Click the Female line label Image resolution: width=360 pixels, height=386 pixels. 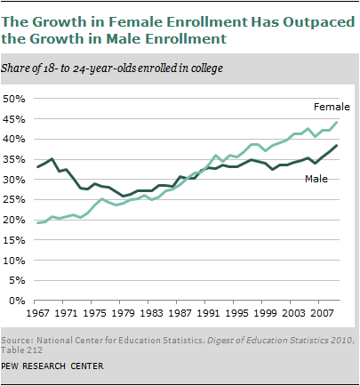click(x=332, y=107)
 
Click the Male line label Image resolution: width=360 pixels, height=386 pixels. click(x=316, y=179)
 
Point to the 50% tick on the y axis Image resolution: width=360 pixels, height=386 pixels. click(x=14, y=99)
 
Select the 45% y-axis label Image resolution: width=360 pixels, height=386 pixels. click(x=14, y=119)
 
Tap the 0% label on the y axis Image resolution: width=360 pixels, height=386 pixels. click(x=17, y=301)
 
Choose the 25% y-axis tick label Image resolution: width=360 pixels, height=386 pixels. click(x=14, y=200)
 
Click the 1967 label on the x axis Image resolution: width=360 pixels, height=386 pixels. click(x=37, y=313)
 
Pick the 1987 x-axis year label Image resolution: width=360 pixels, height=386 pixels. click(x=180, y=313)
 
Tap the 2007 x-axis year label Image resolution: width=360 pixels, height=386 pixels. click(x=322, y=313)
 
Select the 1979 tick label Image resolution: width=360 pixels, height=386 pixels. click(x=123, y=313)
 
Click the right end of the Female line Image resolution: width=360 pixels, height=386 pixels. click(x=337, y=123)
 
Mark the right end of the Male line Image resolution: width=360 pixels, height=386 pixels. click(x=337, y=145)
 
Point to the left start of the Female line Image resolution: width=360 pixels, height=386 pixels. click(x=37, y=223)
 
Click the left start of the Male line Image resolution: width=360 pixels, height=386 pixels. click(x=37, y=167)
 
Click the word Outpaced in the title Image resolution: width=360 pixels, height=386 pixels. click(x=319, y=23)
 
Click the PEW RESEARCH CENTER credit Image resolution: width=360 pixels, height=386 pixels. click(x=52, y=366)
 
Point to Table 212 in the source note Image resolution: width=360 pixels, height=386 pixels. click(x=21, y=350)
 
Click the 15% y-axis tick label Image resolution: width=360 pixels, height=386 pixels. click(x=14, y=240)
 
